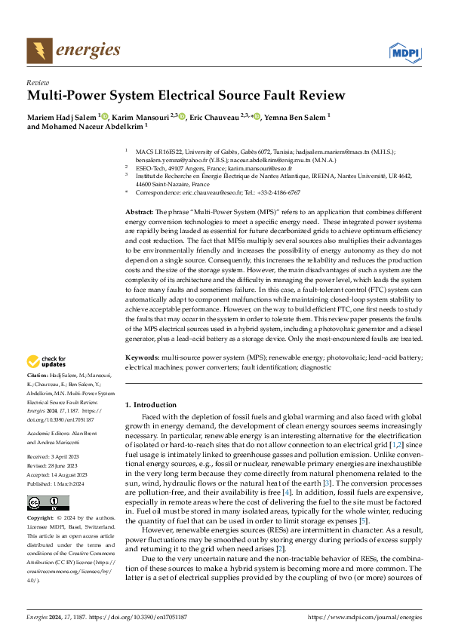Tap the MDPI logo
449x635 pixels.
404,51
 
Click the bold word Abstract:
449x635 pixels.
139,213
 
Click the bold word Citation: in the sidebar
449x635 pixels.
38,375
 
